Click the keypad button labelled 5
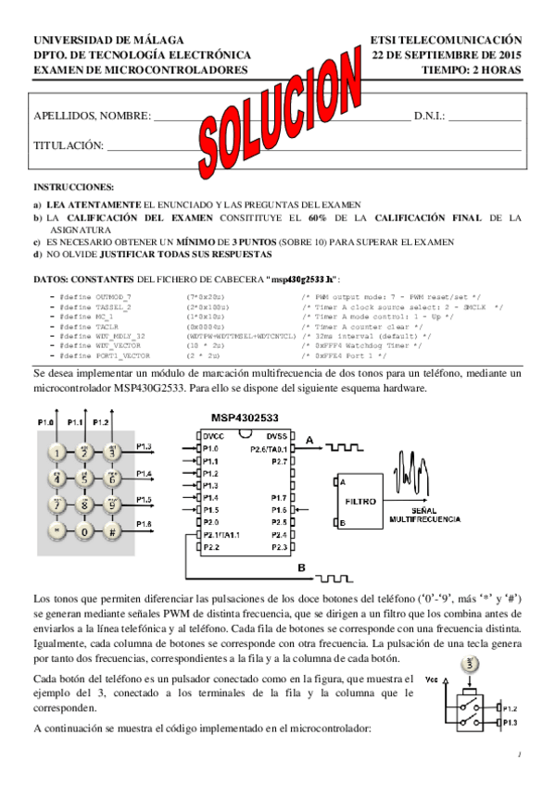pyautogui.click(x=84, y=480)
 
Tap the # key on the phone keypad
pyautogui.click(x=111, y=532)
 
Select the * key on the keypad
pyautogui.click(x=57, y=532)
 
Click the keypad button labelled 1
pyautogui.click(x=57, y=453)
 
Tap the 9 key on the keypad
pyautogui.click(x=111, y=505)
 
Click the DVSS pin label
pyautogui.click(x=278, y=436)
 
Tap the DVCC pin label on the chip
pyautogui.click(x=212, y=436)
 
